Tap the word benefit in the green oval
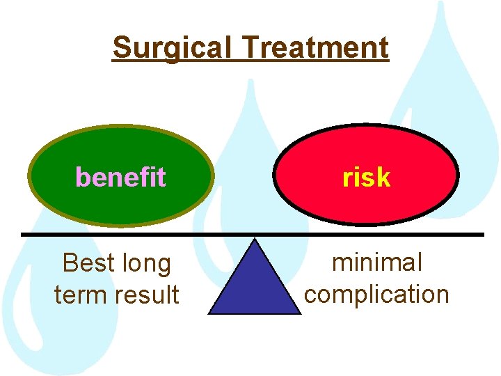click(x=120, y=178)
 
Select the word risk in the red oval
click(x=366, y=178)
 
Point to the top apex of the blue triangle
click(x=255, y=240)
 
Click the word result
click(x=148, y=295)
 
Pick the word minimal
click(x=377, y=263)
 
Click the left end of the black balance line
click(x=23, y=234)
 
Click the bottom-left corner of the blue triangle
click(x=210, y=313)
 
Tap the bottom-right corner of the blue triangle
click(x=300, y=313)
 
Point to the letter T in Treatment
click(x=251, y=48)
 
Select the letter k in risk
click(x=383, y=178)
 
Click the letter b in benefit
click(x=82, y=178)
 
